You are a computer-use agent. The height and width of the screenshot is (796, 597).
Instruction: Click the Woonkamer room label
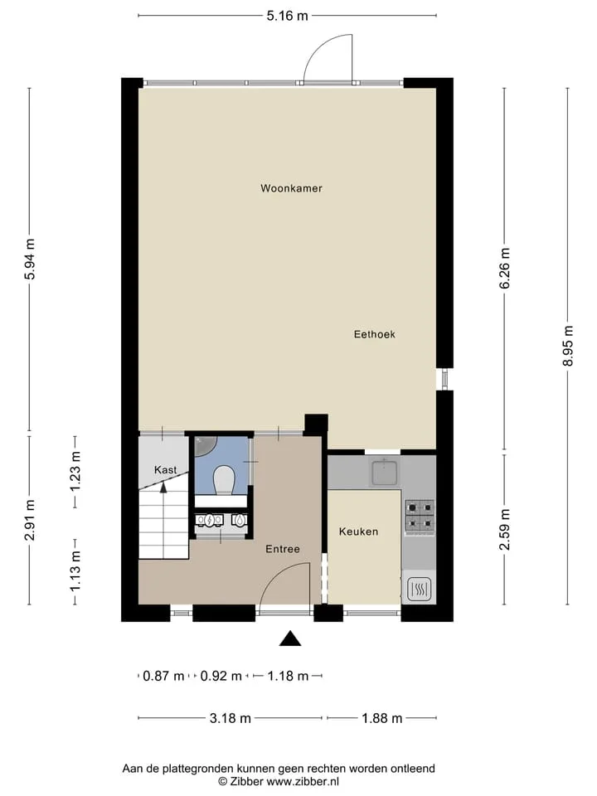(x=291, y=188)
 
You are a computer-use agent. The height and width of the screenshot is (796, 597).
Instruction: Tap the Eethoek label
(x=375, y=334)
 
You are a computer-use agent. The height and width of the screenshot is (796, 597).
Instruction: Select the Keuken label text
(x=358, y=531)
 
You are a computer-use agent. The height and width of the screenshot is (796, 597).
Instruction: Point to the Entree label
(x=283, y=549)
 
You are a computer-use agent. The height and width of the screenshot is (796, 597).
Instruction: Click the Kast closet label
(x=166, y=469)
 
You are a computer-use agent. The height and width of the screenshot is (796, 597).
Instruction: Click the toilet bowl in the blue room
(x=223, y=479)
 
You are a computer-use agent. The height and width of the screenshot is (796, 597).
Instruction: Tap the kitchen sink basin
(x=386, y=472)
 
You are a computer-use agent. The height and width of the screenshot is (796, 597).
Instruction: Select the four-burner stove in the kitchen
(x=420, y=515)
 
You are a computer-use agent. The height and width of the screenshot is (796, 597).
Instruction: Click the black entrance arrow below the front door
(x=290, y=638)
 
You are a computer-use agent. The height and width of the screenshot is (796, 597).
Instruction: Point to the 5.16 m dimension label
(x=288, y=16)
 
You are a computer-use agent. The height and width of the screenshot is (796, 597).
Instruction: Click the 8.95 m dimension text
(x=568, y=346)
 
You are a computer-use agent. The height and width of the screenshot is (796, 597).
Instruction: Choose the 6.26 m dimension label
(x=505, y=269)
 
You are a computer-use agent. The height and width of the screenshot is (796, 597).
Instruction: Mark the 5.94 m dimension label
(x=30, y=259)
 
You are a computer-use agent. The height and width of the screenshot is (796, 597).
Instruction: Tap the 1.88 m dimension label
(x=382, y=718)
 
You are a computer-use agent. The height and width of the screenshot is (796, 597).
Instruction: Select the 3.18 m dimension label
(x=231, y=718)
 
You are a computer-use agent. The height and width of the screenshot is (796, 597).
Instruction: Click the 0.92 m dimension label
(x=221, y=677)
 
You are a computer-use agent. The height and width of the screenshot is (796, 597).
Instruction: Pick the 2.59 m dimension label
(x=505, y=530)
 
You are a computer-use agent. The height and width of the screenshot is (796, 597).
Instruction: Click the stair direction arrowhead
(x=163, y=488)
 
